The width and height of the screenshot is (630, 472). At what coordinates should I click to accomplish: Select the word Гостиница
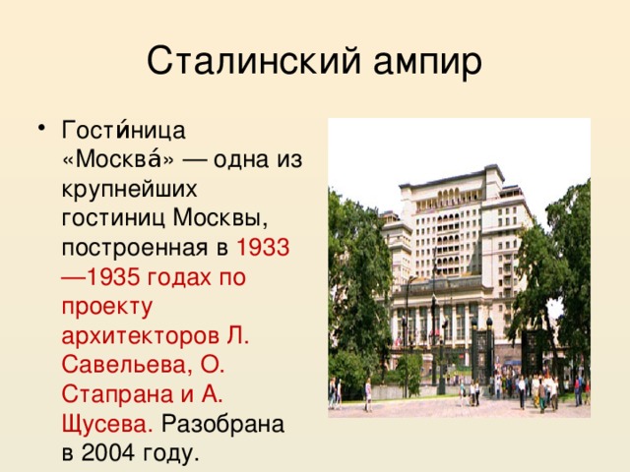[x=124, y=131]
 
